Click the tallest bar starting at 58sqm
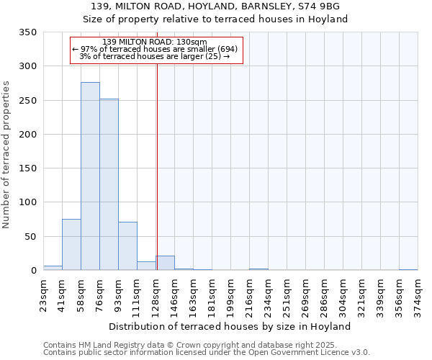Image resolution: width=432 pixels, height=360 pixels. click(x=90, y=176)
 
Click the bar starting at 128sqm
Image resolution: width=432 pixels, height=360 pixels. click(x=165, y=263)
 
